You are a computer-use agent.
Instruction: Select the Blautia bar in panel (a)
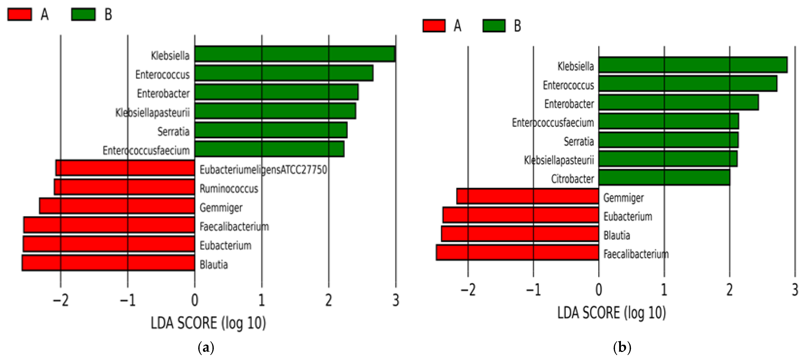[x=109, y=263]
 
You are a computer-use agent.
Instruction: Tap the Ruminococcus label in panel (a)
[x=229, y=189]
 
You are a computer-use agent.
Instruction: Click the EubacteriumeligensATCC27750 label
[x=263, y=170]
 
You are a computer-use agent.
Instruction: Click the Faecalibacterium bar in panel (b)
[x=517, y=252]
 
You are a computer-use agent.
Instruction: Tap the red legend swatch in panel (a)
[x=19, y=14]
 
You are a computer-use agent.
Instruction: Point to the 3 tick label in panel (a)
[x=396, y=300]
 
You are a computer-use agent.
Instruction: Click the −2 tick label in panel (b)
[x=468, y=290]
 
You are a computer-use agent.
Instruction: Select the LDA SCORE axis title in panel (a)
[x=208, y=323]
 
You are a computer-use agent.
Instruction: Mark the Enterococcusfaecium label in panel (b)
[x=553, y=122]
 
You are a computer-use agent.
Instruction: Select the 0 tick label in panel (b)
[x=598, y=290]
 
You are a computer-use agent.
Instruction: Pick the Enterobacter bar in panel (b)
[x=678, y=103]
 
